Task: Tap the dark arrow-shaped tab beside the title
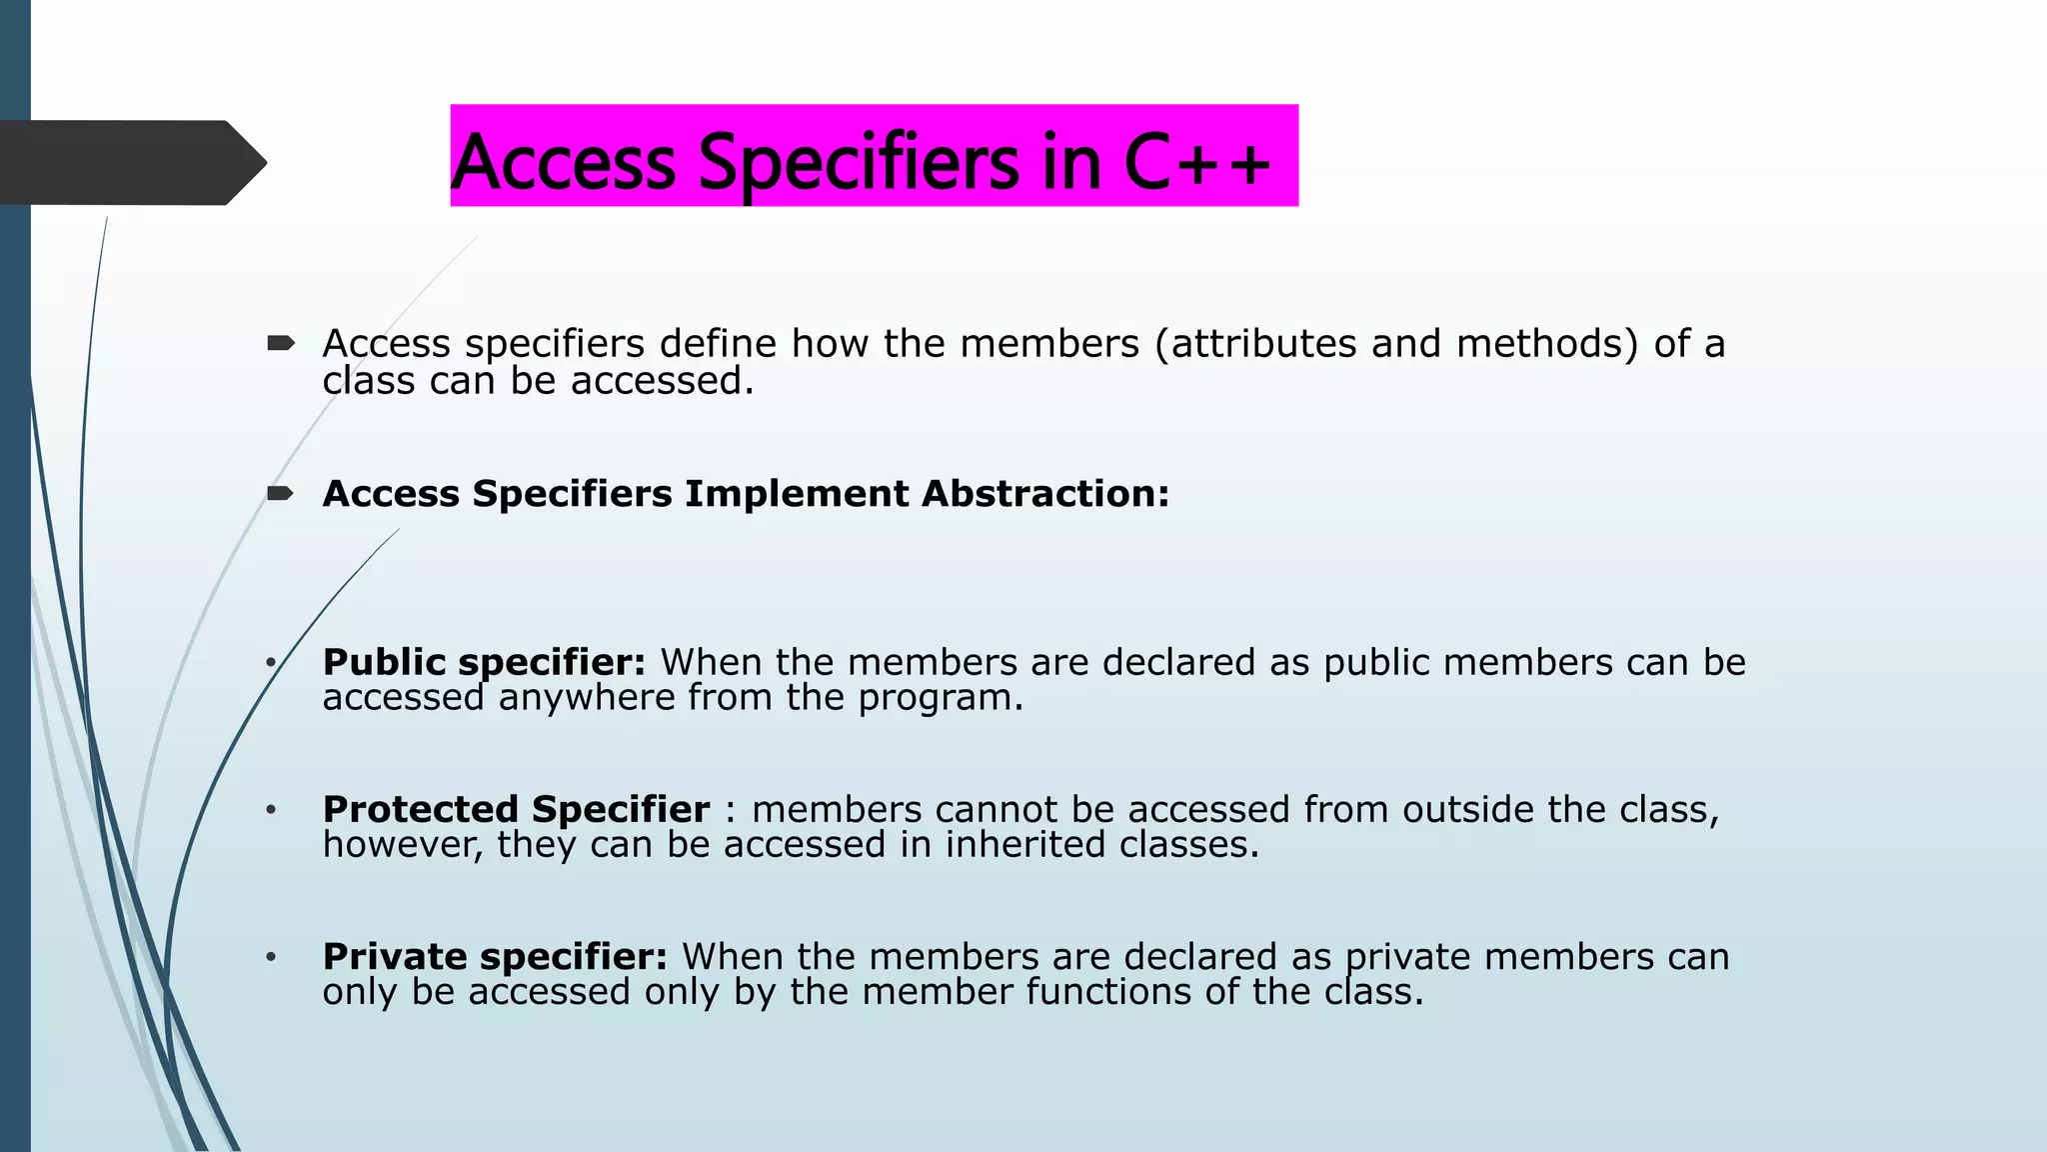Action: tap(130, 163)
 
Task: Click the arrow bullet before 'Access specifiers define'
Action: tap(281, 344)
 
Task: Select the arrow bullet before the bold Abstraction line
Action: tap(281, 493)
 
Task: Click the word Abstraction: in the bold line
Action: tap(1044, 494)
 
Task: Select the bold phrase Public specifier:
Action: tap(484, 663)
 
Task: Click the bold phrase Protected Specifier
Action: tap(516, 809)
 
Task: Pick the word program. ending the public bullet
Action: tap(941, 698)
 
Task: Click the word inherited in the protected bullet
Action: tap(1025, 845)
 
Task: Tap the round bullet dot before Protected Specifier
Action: tap(270, 809)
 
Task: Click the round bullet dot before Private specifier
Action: tap(270, 957)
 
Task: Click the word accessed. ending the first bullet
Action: tap(662, 381)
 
